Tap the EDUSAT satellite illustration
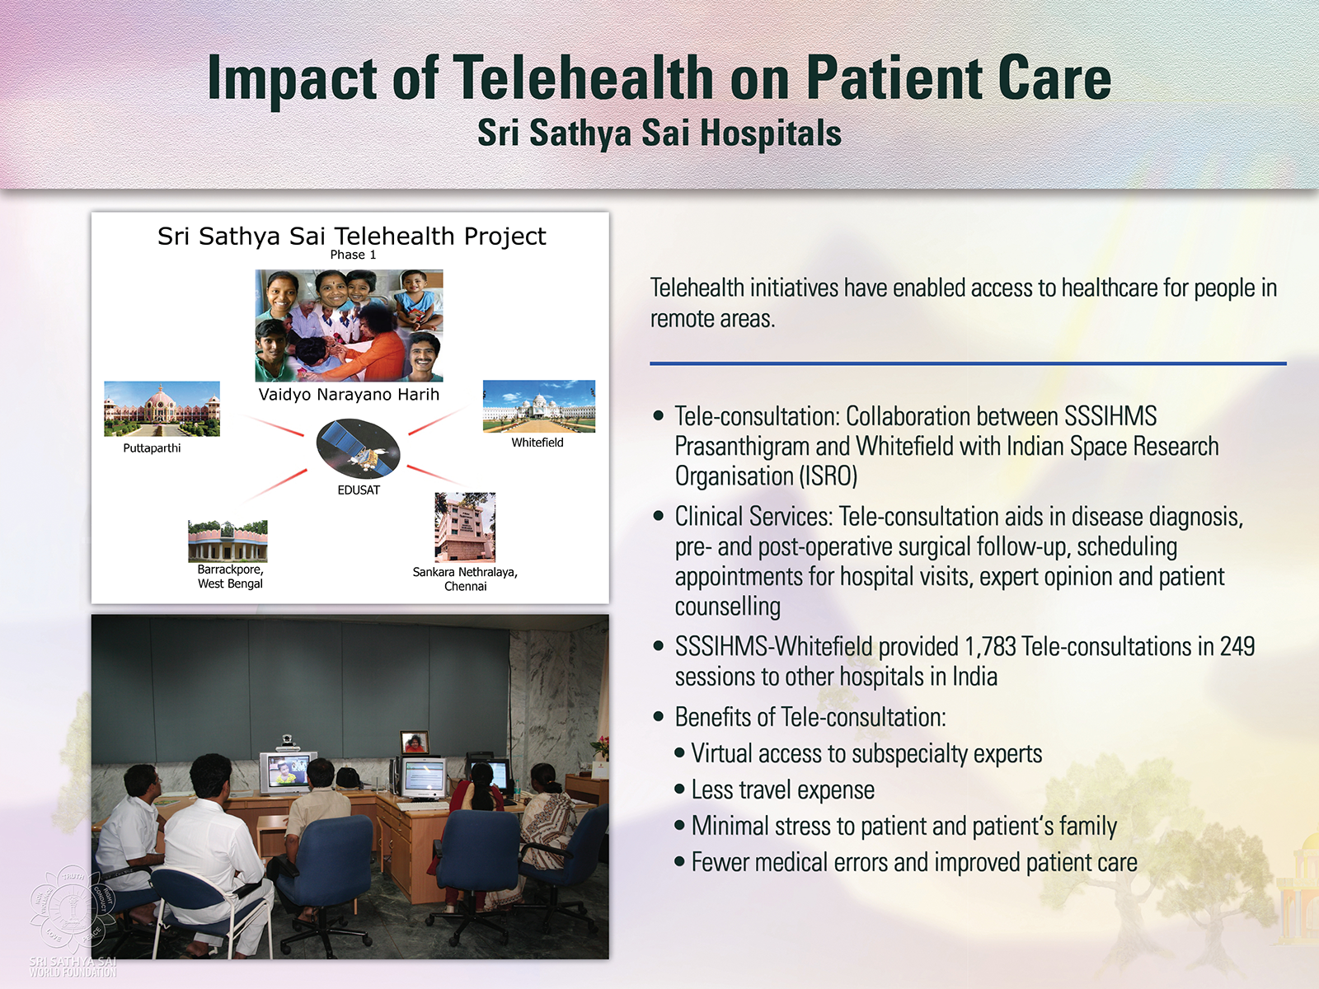click(358, 449)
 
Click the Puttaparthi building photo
click(162, 408)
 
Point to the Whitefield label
click(537, 443)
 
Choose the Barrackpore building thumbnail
click(228, 541)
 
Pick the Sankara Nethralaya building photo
click(465, 527)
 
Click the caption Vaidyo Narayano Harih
click(349, 395)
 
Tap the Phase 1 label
click(353, 255)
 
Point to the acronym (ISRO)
click(828, 476)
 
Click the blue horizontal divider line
click(968, 363)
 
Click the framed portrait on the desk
click(415, 743)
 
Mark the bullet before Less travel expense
click(679, 789)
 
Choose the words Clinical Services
click(753, 517)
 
